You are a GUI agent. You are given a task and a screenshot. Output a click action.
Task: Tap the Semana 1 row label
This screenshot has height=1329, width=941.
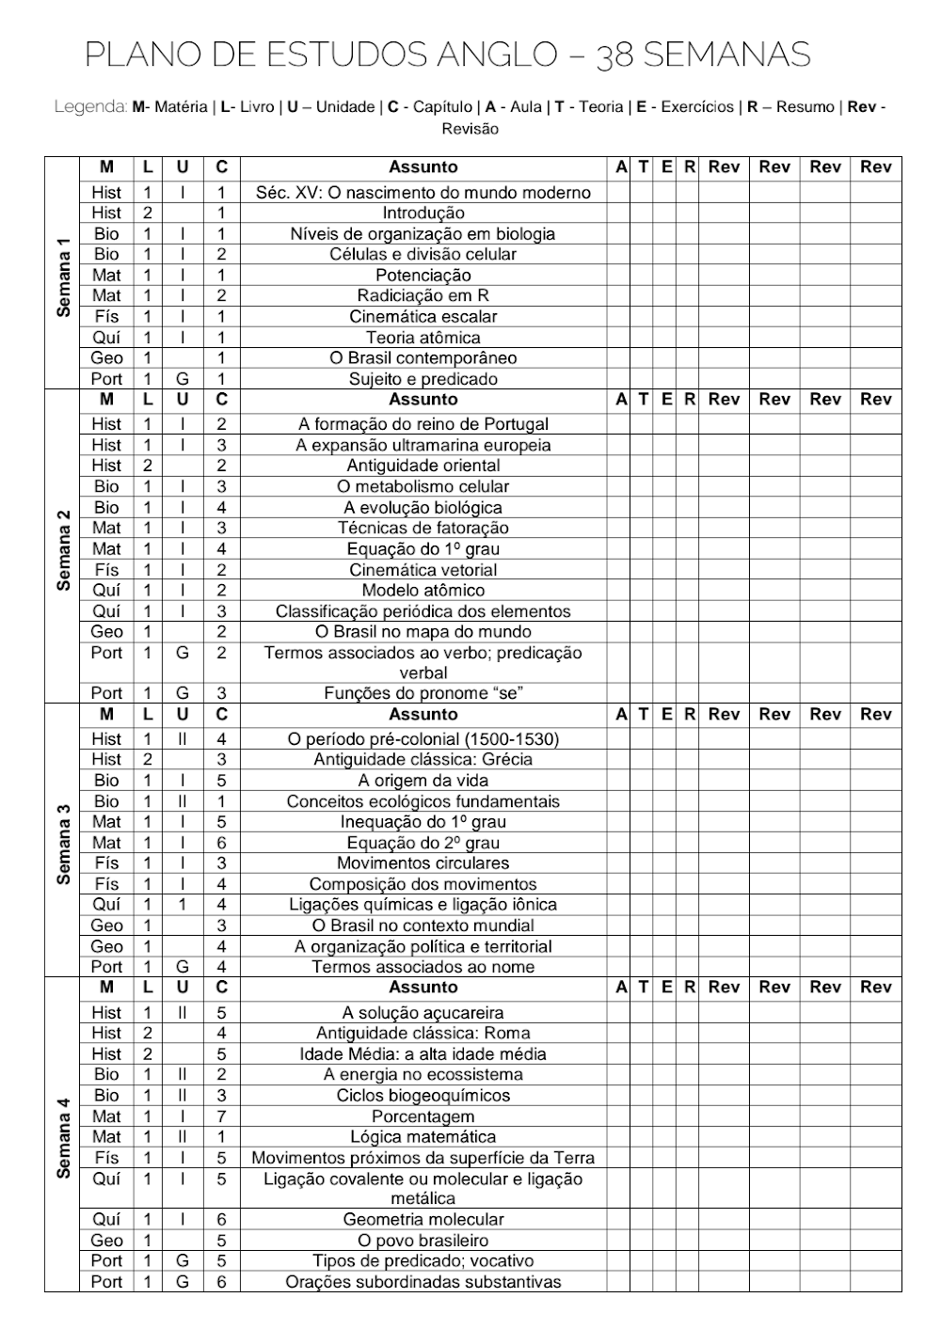coord(63,277)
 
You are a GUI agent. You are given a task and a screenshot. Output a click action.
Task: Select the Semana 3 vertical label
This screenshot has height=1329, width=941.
coord(63,843)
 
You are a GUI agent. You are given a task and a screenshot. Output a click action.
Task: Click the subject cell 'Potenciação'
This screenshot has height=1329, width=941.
coord(423,276)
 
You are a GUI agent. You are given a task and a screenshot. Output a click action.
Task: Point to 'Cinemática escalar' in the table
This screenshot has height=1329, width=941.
coord(423,317)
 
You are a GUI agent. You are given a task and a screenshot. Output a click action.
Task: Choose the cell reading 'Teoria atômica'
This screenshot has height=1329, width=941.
coord(423,338)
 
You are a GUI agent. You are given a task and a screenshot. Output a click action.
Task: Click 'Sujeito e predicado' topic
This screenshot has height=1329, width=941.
coord(423,379)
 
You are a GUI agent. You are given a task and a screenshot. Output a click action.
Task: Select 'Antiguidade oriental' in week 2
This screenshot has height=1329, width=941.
coord(423,466)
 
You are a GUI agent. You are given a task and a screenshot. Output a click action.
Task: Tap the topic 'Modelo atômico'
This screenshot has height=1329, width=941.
coord(423,591)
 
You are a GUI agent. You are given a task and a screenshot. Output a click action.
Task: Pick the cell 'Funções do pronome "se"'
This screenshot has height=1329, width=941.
coord(423,693)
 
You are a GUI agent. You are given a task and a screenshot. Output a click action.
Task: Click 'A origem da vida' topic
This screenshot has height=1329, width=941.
coord(423,781)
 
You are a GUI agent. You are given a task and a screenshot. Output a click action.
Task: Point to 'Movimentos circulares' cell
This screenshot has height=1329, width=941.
coord(423,863)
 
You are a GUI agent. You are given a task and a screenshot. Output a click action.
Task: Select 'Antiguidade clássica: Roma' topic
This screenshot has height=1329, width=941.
coord(423,1033)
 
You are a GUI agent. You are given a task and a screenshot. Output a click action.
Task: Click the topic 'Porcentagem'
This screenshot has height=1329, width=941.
coord(423,1116)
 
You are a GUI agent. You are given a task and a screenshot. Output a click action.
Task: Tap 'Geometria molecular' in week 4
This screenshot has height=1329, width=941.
coord(423,1219)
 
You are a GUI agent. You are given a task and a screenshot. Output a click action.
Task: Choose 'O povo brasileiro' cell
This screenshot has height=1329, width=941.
coord(423,1241)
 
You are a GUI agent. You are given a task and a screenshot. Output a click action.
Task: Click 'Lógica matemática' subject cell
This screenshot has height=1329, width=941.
coord(423,1137)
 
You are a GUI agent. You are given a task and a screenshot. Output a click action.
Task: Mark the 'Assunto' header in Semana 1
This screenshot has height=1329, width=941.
coord(423,167)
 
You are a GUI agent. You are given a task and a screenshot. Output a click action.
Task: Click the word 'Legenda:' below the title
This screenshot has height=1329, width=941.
coord(90,107)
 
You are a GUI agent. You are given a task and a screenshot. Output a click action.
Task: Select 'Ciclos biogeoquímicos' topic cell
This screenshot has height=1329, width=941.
coord(423,1096)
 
